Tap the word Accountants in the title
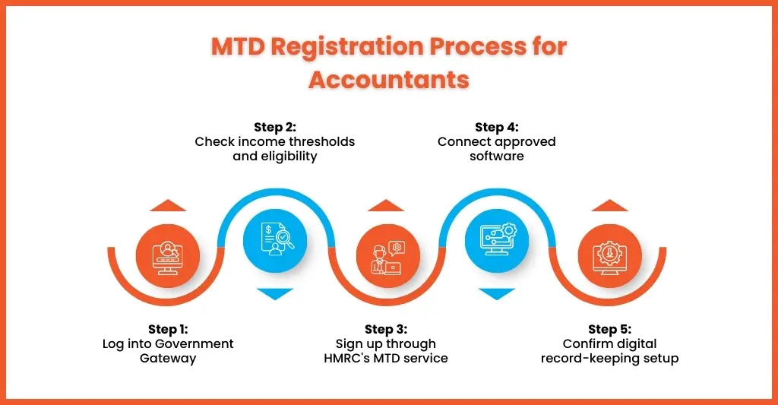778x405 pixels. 388,79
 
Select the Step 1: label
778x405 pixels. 168,329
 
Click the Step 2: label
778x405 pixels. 274,126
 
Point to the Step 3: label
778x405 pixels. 386,329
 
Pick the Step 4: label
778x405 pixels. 496,126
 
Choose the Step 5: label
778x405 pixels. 609,329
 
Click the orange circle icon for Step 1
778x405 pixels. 167,255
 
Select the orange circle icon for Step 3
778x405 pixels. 387,255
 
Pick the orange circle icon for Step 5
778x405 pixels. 610,255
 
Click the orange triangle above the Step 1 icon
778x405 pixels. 167,205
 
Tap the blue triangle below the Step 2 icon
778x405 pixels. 274,293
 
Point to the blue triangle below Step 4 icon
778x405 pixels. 497,293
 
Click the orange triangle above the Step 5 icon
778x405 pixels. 610,205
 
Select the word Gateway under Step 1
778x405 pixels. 168,358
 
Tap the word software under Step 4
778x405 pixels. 496,156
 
